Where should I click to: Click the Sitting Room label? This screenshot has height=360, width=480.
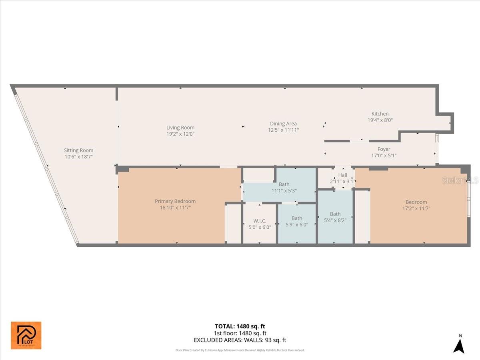pyautogui.click(x=78, y=150)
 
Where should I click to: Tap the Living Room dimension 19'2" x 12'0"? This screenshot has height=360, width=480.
pyautogui.click(x=180, y=134)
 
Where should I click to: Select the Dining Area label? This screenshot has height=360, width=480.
pyautogui.click(x=283, y=124)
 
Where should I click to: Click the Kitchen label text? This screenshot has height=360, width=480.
pyautogui.click(x=380, y=114)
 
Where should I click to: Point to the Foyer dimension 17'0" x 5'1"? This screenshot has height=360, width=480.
pyautogui.click(x=384, y=156)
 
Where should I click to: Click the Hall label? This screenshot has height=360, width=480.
pyautogui.click(x=342, y=175)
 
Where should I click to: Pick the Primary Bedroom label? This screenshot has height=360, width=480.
pyautogui.click(x=175, y=201)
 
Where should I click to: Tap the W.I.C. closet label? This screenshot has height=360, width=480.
pyautogui.click(x=260, y=221)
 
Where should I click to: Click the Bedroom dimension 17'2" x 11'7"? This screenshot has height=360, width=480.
pyautogui.click(x=416, y=208)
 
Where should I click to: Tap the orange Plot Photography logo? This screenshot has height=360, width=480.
pyautogui.click(x=26, y=335)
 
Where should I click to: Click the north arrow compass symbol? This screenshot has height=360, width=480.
pyautogui.click(x=459, y=344)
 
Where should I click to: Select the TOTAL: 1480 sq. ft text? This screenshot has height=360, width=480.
pyautogui.click(x=240, y=326)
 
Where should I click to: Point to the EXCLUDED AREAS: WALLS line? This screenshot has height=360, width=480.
pyautogui.click(x=240, y=340)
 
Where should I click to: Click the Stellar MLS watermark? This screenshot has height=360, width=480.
pyautogui.click(x=460, y=180)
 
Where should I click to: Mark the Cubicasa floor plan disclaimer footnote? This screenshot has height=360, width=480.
pyautogui.click(x=240, y=350)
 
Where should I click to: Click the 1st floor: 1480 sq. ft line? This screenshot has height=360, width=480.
pyautogui.click(x=240, y=333)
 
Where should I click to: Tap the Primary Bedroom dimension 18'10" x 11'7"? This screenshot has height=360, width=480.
pyautogui.click(x=175, y=208)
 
